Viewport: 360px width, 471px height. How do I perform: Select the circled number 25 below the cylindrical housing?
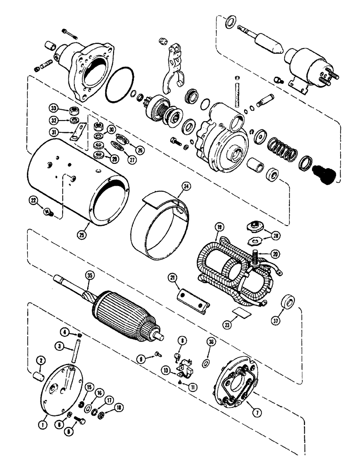click(x=78, y=233)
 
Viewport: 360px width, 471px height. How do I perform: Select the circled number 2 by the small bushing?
click(x=40, y=361)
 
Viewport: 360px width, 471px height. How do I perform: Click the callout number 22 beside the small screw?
click(x=33, y=200)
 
